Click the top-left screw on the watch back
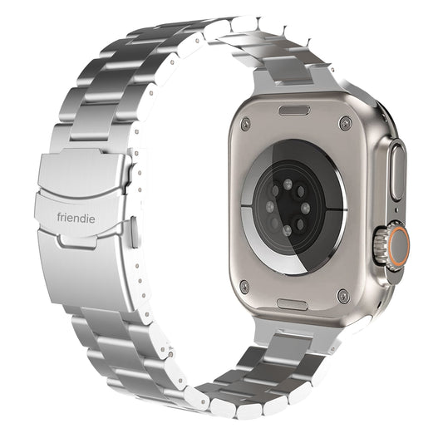pyautogui.click(x=245, y=124)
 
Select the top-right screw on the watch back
pyautogui.click(x=345, y=123)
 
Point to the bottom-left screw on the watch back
pyautogui.click(x=244, y=288)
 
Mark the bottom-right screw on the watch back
pyautogui.click(x=343, y=295)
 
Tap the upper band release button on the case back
pyautogui.click(x=293, y=111)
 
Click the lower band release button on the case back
pyautogui.click(x=293, y=305)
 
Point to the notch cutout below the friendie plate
pyautogui.click(x=81, y=239)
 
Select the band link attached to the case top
pyautogui.click(x=295, y=80)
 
